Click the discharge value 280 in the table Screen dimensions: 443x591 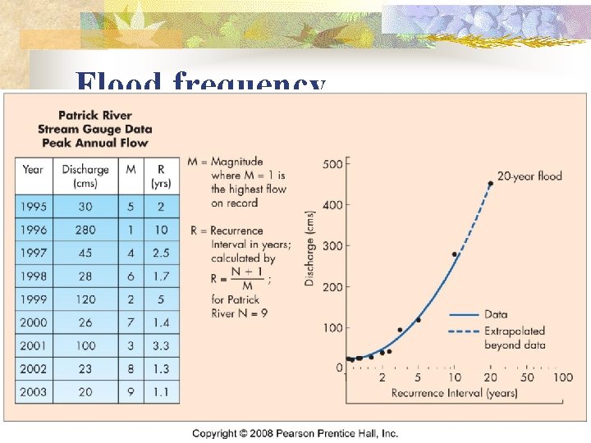pyautogui.click(x=85, y=231)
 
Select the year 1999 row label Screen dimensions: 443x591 pyautogui.click(x=34, y=299)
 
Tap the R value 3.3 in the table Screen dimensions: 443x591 pyautogui.click(x=161, y=346)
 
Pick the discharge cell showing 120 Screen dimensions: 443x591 pyautogui.click(x=85, y=299)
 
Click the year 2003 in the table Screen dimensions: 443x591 pyautogui.click(x=34, y=392)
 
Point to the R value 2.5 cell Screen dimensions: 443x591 pyautogui.click(x=161, y=253)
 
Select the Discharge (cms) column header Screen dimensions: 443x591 pyautogui.click(x=85, y=176)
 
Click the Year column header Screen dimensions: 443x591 pyautogui.click(x=34, y=170)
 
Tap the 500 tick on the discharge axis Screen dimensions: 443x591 pyautogui.click(x=332, y=165)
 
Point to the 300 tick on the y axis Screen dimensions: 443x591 pyautogui.click(x=332, y=246)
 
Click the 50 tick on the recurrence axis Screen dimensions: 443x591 pyautogui.click(x=527, y=378)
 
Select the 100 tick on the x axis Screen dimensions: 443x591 pyautogui.click(x=562, y=378)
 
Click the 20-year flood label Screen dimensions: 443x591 pyautogui.click(x=529, y=176)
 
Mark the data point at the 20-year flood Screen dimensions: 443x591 pyautogui.click(x=491, y=184)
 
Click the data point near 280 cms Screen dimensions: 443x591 pyautogui.click(x=454, y=254)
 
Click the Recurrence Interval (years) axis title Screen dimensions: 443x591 pyautogui.click(x=454, y=393)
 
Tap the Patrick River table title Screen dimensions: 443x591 pyautogui.click(x=95, y=129)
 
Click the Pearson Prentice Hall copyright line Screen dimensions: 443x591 pyautogui.click(x=295, y=433)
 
